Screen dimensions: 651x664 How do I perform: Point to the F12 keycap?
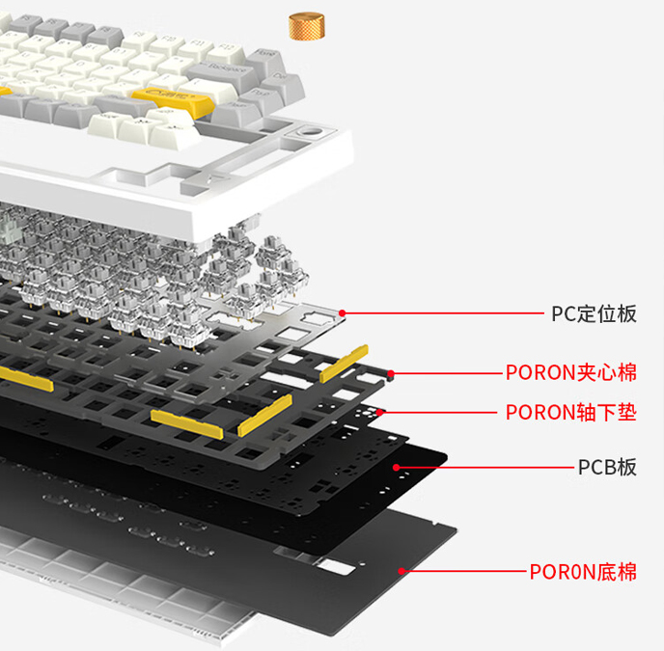[223, 47]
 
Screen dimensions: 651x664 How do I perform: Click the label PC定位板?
[594, 313]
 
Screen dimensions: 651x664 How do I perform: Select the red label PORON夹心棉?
[571, 372]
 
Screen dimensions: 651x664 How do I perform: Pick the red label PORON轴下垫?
[571, 413]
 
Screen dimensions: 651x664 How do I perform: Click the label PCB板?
[607, 467]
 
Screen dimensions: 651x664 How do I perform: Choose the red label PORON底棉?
[583, 572]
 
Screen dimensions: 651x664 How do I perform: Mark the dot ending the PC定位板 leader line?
[344, 312]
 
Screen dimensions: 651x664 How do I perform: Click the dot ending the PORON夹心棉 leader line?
[391, 372]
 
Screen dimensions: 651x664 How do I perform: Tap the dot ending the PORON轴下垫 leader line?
[383, 413]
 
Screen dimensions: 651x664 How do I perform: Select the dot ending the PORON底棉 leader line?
[401, 571]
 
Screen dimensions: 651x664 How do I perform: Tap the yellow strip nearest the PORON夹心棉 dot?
[345, 363]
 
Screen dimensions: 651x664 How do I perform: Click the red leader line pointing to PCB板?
[483, 467]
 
